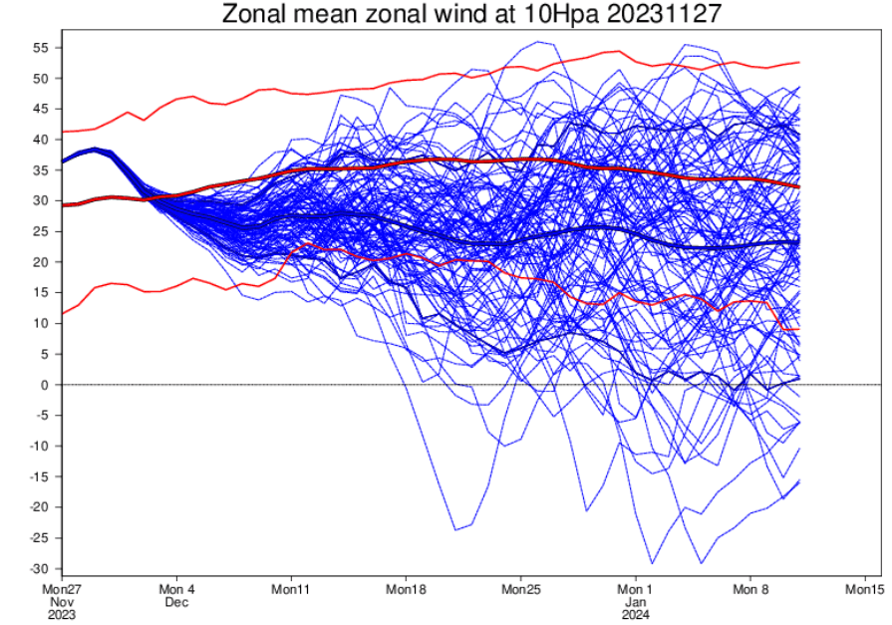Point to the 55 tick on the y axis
pos(41,47)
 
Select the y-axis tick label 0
pos(47,385)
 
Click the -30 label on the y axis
pos(38,569)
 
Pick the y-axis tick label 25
pos(41,231)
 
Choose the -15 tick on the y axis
pos(38,476)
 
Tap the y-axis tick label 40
pos(41,140)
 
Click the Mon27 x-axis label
pos(62,588)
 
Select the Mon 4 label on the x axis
pos(176,588)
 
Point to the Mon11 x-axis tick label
pos(291,588)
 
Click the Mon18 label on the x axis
pos(406,588)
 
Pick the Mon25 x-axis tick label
pos(520,588)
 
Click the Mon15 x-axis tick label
pos(864,588)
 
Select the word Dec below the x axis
pos(176,602)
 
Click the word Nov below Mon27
pos(62,602)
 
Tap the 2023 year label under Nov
pos(62,615)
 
